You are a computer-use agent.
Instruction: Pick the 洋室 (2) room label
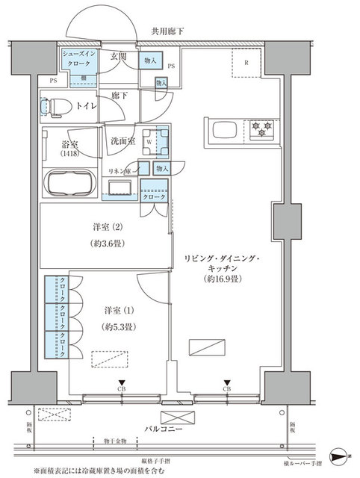104,227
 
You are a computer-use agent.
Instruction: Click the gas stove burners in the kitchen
261,129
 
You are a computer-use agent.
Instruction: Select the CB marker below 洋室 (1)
120,388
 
